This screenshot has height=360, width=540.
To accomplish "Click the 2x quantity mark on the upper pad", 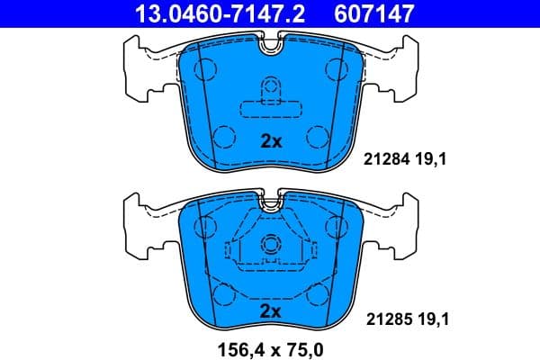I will coord(271,141).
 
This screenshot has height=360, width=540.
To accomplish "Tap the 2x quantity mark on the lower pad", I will coord(271,310).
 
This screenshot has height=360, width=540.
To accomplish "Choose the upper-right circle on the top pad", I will coord(337,66).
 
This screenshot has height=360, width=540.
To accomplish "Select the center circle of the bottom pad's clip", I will coord(271,244).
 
